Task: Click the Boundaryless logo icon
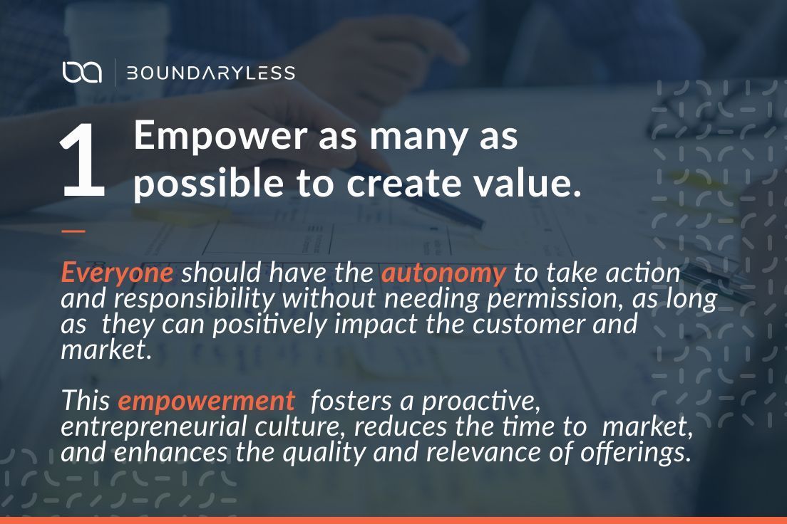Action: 82,73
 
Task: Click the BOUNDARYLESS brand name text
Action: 210,73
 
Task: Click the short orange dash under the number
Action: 73,231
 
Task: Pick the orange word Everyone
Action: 116,273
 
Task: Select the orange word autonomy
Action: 443,273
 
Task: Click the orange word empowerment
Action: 206,401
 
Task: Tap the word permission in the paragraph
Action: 547,299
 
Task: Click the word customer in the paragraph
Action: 523,325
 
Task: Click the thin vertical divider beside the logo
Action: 115,73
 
